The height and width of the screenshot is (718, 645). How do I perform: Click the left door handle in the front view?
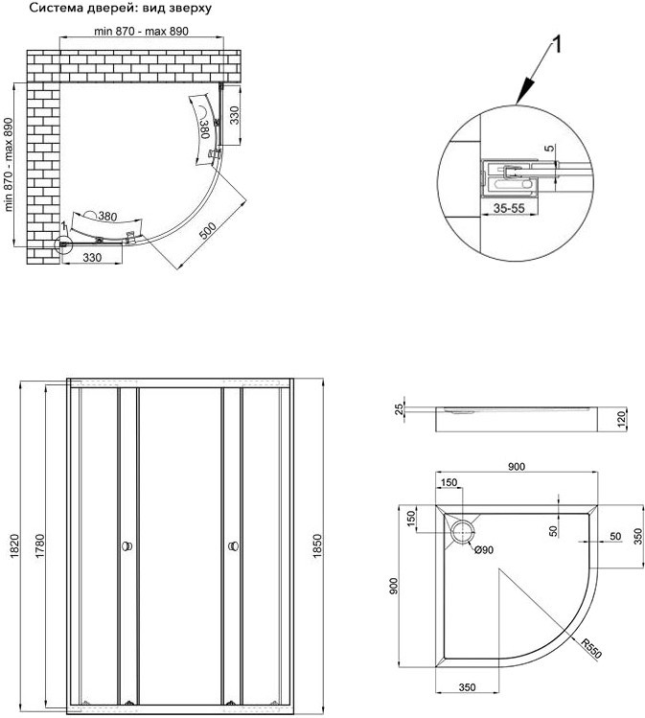[126, 547]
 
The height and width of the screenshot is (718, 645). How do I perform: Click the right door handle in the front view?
[233, 547]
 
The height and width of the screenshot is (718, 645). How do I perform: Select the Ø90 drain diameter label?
[481, 549]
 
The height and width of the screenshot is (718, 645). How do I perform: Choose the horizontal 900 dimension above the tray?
[516, 467]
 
